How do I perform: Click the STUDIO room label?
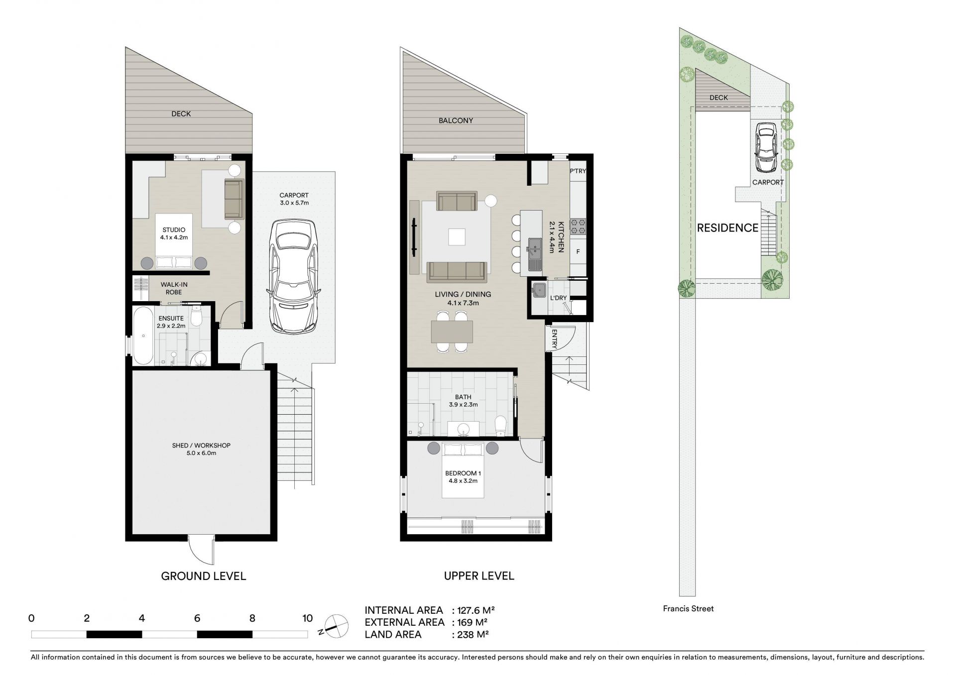point(174,230)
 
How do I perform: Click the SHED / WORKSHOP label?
point(201,446)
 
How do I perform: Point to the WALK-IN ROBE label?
point(174,288)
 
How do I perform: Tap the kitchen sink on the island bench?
point(535,254)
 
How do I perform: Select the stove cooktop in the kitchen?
point(578,226)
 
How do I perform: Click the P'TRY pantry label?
point(578,171)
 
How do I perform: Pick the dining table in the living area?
point(452,332)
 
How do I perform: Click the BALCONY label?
point(456,120)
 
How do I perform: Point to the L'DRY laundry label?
point(558,298)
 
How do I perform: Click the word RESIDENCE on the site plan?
point(727,228)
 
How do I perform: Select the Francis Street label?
point(688,608)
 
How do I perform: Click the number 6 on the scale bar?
point(197,618)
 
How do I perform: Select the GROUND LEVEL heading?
point(204,576)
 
